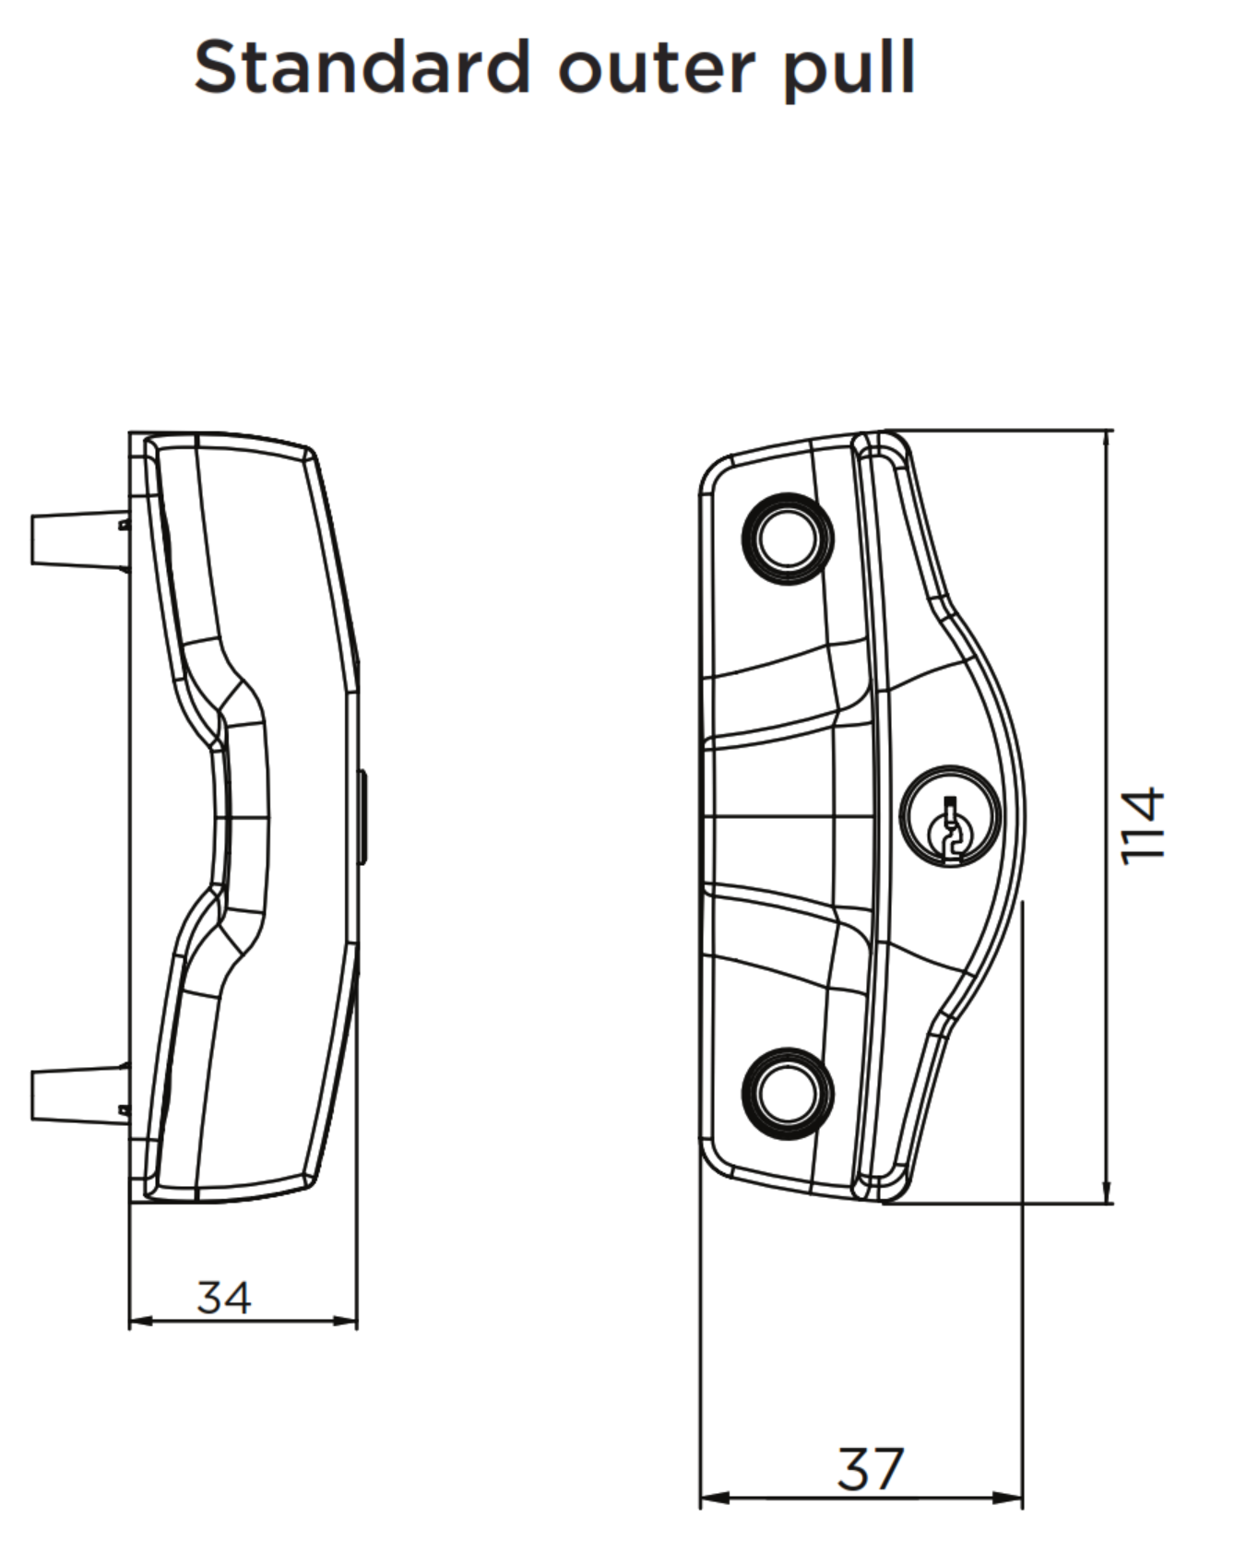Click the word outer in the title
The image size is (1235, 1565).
pyautogui.click(x=657, y=69)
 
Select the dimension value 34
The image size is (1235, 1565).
pyautogui.click(x=223, y=1298)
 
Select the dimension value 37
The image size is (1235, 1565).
pyautogui.click(x=870, y=1469)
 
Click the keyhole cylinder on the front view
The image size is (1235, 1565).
pyautogui.click(x=949, y=816)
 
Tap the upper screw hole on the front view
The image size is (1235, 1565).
pyautogui.click(x=787, y=539)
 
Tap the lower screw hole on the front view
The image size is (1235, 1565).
pyautogui.click(x=787, y=1094)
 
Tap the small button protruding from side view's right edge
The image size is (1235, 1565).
pyautogui.click(x=362, y=817)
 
